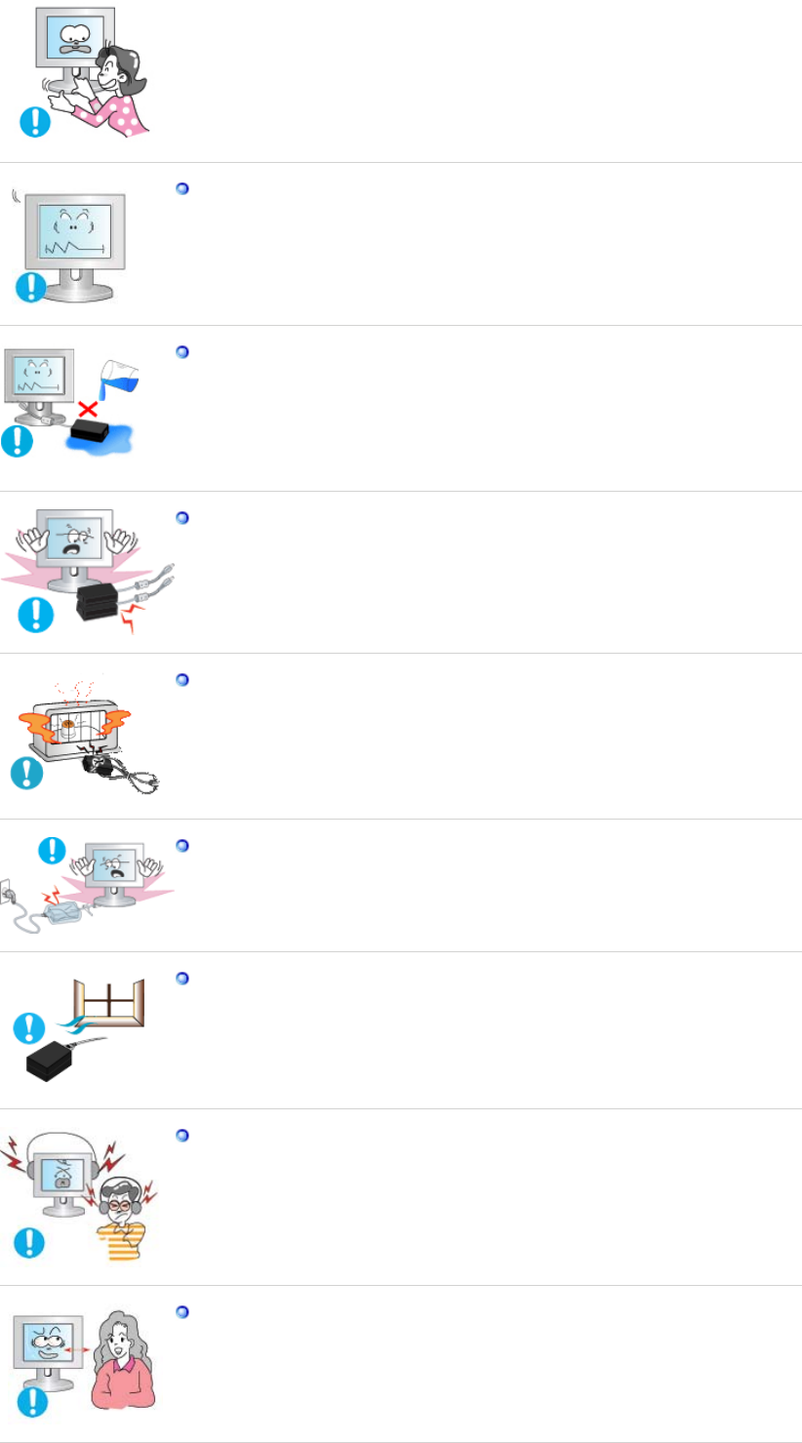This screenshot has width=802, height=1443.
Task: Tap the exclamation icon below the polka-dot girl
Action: coord(35,121)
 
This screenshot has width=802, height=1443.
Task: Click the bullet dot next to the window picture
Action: coord(181,978)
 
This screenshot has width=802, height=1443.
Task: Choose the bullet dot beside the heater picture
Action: coord(181,679)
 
